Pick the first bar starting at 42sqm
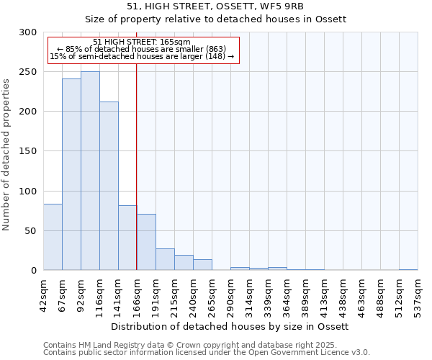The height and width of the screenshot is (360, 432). pos(53,237)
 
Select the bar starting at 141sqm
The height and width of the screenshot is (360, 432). pos(127,238)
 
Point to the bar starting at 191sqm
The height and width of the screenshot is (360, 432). pos(165,259)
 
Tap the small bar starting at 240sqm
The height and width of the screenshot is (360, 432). pos(202,264)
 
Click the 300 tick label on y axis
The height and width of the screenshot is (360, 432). pos(28,32)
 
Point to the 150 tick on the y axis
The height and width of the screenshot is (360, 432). pos(28,151)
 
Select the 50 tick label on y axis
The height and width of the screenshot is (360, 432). pos(31,231)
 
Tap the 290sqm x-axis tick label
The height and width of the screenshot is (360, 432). pos(230,294)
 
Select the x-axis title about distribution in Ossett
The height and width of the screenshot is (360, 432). pos(230,326)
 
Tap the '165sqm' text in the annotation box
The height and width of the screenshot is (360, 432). pos(176,42)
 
